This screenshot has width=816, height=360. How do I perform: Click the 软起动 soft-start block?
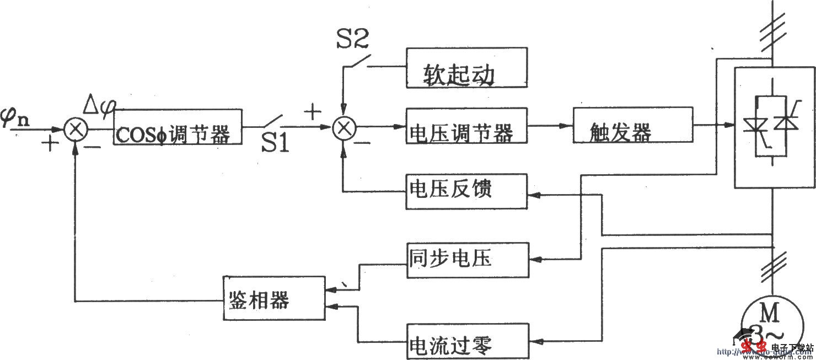point(466,68)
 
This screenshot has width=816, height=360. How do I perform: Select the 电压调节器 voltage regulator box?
point(466,127)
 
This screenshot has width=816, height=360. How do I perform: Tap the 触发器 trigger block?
point(632,127)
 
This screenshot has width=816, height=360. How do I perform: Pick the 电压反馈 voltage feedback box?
point(466,191)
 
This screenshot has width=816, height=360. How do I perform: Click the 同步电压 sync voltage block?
point(466,260)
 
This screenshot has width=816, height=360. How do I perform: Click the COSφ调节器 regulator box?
point(178,127)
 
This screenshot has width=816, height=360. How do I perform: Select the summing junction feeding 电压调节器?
point(344,128)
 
